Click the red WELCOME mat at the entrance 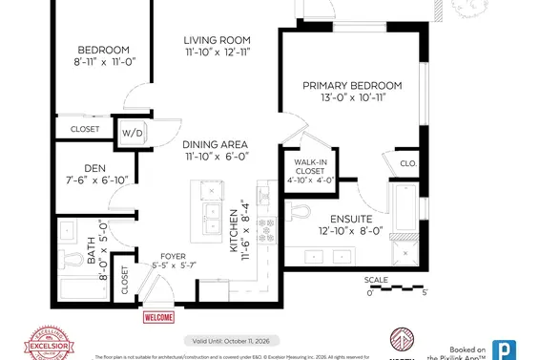[159, 317]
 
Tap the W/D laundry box [130, 134]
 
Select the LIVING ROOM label [218, 40]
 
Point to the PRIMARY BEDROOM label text [352, 85]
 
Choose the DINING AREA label [216, 143]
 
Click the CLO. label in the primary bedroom [406, 162]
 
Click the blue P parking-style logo [502, 349]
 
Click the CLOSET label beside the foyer [125, 284]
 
